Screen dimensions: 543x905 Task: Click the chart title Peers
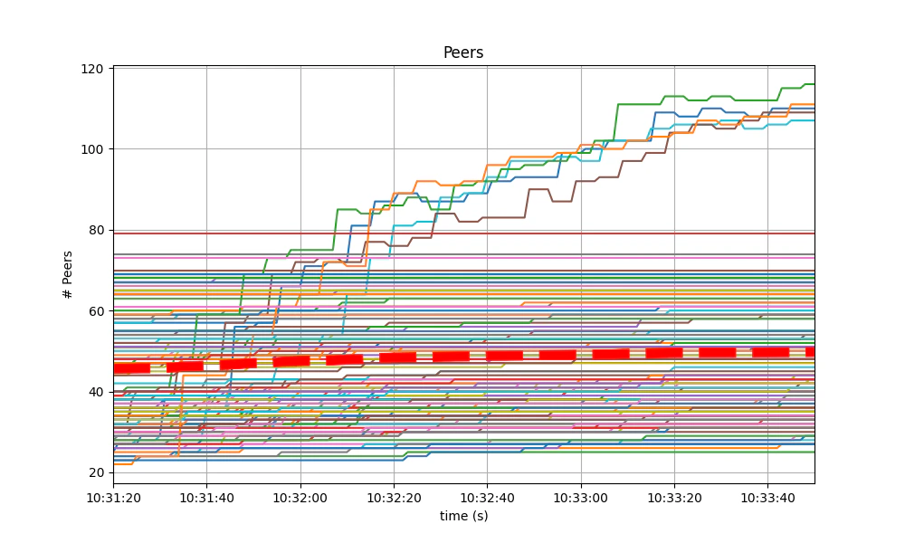coord(463,52)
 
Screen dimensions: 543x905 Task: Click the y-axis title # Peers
coord(67,274)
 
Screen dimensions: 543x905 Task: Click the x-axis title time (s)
coord(463,515)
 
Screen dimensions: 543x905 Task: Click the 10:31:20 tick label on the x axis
coord(113,497)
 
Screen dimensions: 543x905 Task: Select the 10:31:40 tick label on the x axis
coord(206,497)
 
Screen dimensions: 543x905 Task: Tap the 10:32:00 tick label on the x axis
coord(300,497)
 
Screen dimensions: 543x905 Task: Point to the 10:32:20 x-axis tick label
coord(394,497)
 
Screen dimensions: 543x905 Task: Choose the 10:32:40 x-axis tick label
coord(487,497)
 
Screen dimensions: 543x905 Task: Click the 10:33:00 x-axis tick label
coord(581,497)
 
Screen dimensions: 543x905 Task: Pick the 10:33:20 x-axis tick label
coord(674,497)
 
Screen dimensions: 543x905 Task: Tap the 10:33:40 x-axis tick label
coord(768,497)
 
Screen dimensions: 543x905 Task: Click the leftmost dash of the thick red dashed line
coord(131,368)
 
